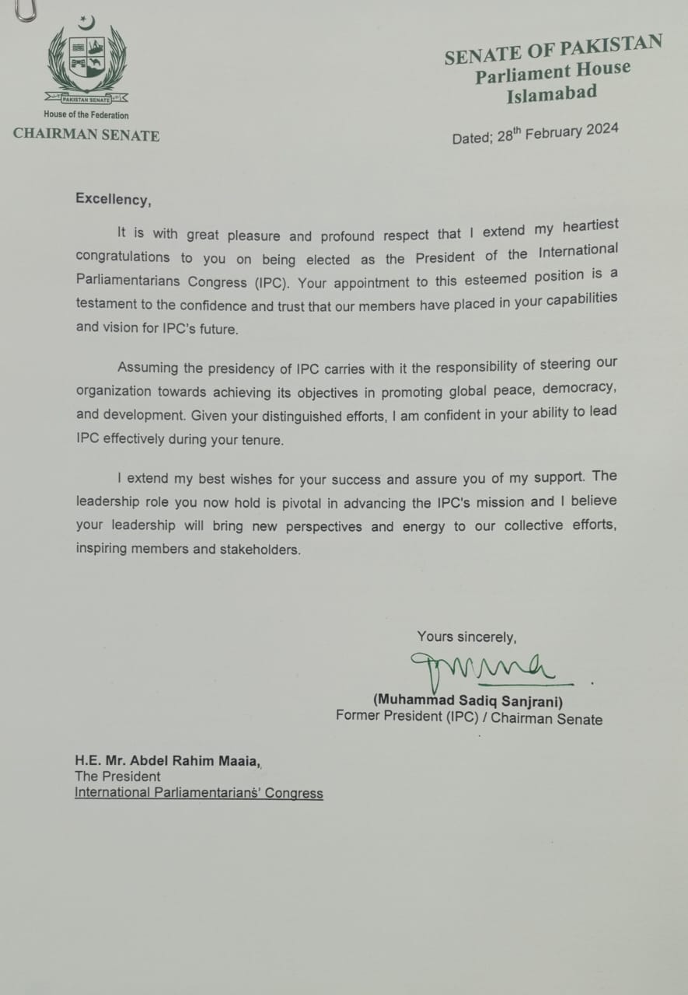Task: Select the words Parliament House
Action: point(553,73)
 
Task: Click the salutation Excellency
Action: point(113,199)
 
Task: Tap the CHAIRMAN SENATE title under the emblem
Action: point(86,135)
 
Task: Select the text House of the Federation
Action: point(86,115)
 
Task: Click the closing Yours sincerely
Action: point(466,637)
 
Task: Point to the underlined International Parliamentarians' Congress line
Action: point(198,793)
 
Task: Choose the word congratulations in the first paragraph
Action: point(123,257)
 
